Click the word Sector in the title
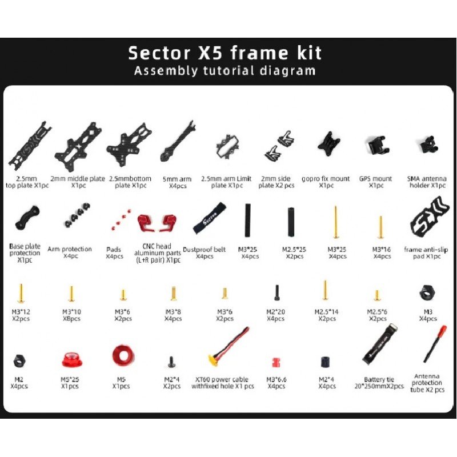[x=159, y=53]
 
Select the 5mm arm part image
[x=178, y=141]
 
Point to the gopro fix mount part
[x=329, y=144]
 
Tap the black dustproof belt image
[x=210, y=218]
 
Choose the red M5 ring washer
[x=123, y=355]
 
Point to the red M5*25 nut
[x=72, y=360]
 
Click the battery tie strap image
[x=379, y=344]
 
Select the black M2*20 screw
[x=276, y=292]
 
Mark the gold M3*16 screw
[x=380, y=227]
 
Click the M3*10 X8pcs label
[x=72, y=315]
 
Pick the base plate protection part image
[x=27, y=217]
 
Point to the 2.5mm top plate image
[x=30, y=143]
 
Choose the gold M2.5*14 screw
[x=325, y=290]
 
